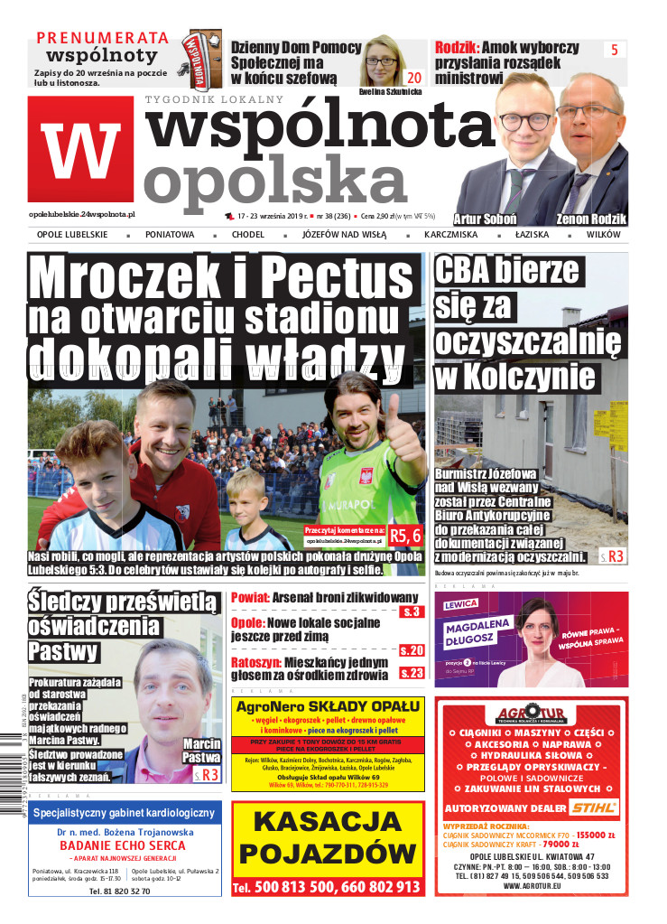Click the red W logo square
tap(81, 148)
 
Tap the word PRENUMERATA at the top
tap(102, 37)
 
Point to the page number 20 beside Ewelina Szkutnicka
tap(414, 77)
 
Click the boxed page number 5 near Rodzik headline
tap(614, 51)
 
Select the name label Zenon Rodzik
tap(592, 219)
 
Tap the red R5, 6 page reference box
tap(406, 536)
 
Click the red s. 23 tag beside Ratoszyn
tap(411, 672)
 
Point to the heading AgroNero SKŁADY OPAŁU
tap(328, 706)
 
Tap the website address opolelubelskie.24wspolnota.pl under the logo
tap(82, 214)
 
